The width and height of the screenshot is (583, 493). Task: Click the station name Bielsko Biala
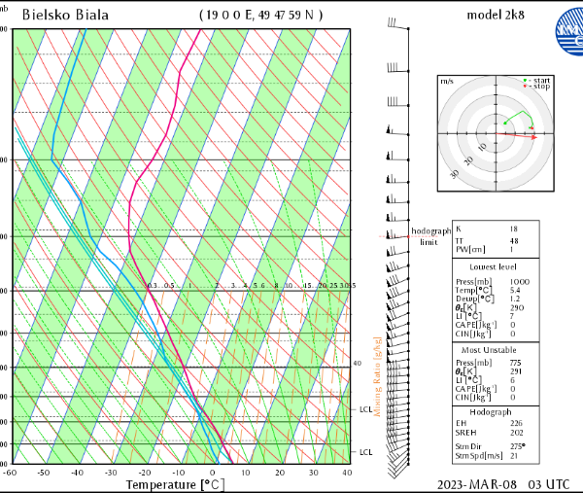click(65, 15)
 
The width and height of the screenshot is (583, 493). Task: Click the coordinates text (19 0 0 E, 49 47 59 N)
click(261, 15)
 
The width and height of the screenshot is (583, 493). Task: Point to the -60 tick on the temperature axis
click(11, 473)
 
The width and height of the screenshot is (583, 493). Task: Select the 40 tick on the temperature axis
click(347, 473)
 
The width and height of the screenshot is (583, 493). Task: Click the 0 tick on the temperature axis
click(213, 473)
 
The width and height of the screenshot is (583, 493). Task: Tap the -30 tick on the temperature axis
click(112, 473)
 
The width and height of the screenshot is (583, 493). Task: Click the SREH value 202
click(516, 432)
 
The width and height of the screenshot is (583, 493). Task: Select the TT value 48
click(514, 240)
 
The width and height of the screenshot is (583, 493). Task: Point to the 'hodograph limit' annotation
click(429, 236)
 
